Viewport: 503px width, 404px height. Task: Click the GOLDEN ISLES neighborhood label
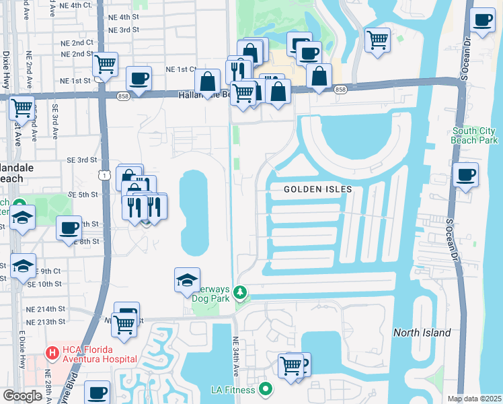pyautogui.click(x=317, y=189)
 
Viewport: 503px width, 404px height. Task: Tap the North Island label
pyautogui.click(x=422, y=333)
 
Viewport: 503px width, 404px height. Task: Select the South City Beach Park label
pyautogui.click(x=475, y=135)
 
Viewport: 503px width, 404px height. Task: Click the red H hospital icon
pyautogui.click(x=51, y=353)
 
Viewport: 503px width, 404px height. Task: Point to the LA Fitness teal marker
pyautogui.click(x=266, y=389)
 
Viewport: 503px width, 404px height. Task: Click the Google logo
pyautogui.click(x=23, y=396)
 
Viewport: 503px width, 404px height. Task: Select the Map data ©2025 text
pyautogui.click(x=474, y=399)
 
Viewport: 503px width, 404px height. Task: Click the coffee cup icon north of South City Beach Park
pyautogui.click(x=482, y=20)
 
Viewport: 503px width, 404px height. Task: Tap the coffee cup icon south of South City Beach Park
pyautogui.click(x=465, y=176)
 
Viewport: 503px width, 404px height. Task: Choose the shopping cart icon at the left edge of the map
pyautogui.click(x=22, y=106)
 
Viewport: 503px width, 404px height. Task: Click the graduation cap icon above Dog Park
pyautogui.click(x=187, y=279)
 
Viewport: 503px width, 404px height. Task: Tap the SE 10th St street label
pyautogui.click(x=45, y=284)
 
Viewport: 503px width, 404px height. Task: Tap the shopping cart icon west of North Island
pyautogui.click(x=291, y=366)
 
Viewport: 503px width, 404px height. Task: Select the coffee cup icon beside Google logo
pyautogui.click(x=97, y=392)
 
